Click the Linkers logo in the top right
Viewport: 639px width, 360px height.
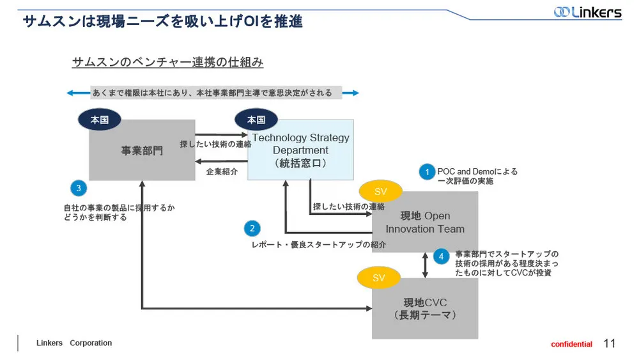click(x=587, y=12)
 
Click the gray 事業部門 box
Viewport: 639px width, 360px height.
click(x=142, y=150)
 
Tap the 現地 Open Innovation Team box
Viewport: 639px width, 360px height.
click(x=425, y=223)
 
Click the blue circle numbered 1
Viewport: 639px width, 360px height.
click(x=427, y=171)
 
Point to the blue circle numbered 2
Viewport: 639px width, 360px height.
click(x=252, y=228)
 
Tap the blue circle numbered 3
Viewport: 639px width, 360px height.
click(x=78, y=188)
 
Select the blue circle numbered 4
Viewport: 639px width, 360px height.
click(x=441, y=256)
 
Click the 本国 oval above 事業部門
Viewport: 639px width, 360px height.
click(x=100, y=119)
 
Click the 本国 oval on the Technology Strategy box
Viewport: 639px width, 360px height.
click(x=256, y=120)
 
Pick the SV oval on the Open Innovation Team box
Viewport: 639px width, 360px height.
click(x=380, y=192)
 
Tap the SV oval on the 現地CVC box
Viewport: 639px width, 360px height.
click(x=379, y=278)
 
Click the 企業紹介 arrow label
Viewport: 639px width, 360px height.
click(x=222, y=171)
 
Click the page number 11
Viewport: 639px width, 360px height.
click(x=609, y=343)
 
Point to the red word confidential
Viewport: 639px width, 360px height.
click(x=571, y=345)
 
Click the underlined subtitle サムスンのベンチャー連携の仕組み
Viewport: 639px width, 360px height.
click(x=167, y=63)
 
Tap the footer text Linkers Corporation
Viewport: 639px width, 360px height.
click(x=74, y=343)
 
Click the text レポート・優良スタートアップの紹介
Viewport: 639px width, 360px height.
click(x=319, y=244)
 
